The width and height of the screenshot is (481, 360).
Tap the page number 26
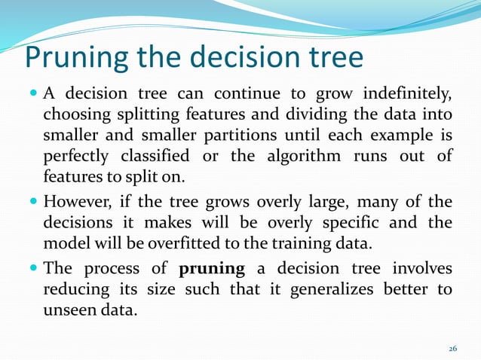pyautogui.click(x=452, y=348)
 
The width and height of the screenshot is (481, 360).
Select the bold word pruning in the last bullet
pyautogui.click(x=211, y=269)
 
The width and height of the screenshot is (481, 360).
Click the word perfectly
pyautogui.click(x=76, y=157)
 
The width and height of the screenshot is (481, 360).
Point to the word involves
pyautogui.click(x=421, y=269)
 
